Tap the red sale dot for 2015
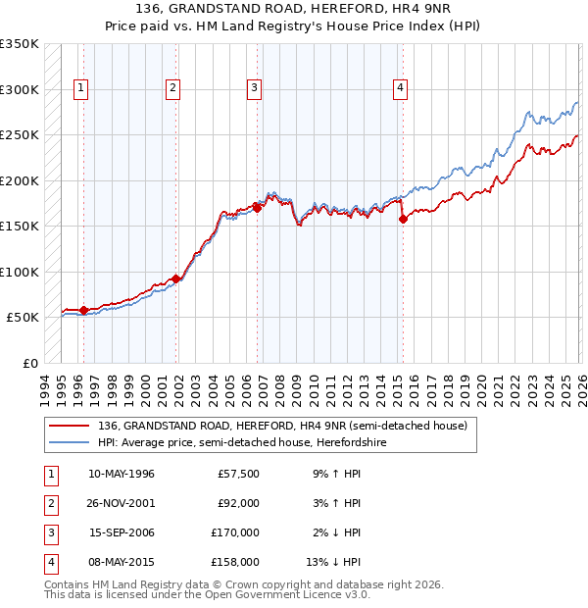(x=403, y=220)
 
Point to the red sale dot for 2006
(x=257, y=208)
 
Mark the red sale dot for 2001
(x=176, y=279)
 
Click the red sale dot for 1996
(x=83, y=311)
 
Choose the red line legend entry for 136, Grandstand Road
(x=283, y=426)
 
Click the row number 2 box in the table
(x=49, y=504)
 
